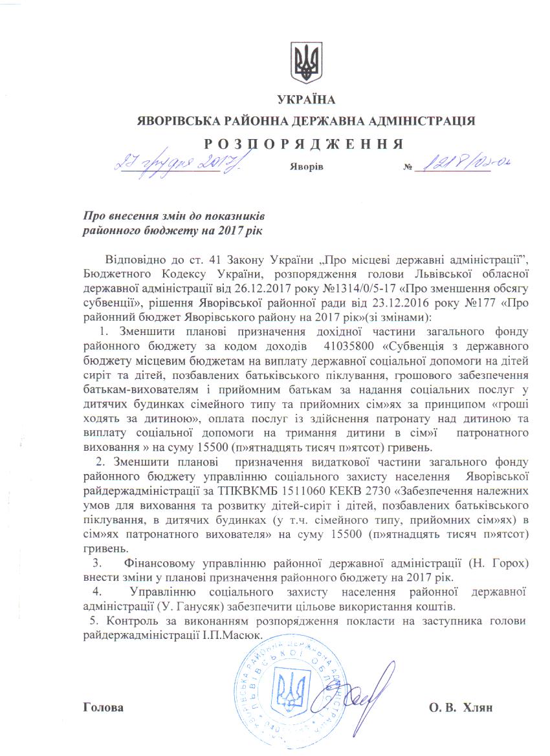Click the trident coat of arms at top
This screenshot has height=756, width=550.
pyautogui.click(x=306, y=63)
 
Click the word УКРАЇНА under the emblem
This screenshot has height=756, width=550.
pyautogui.click(x=306, y=100)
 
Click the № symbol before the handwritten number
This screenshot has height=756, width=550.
pyautogui.click(x=408, y=167)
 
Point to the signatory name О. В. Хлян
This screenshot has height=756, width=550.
pyautogui.click(x=461, y=707)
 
